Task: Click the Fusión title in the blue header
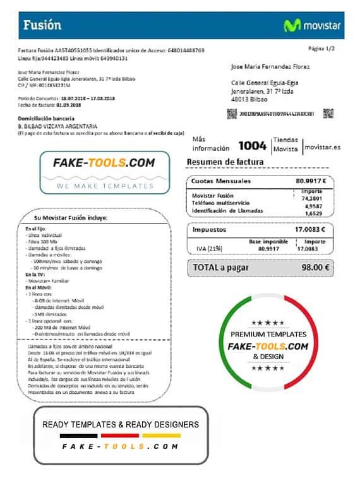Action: click(42, 25)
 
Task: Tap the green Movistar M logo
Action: click(291, 26)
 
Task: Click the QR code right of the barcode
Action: click(328, 114)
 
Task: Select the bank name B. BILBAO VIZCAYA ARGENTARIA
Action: click(57, 126)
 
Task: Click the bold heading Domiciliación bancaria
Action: click(48, 119)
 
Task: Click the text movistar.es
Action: click(322, 146)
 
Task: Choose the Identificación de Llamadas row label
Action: click(227, 211)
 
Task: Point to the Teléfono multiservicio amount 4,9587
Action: click(313, 206)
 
